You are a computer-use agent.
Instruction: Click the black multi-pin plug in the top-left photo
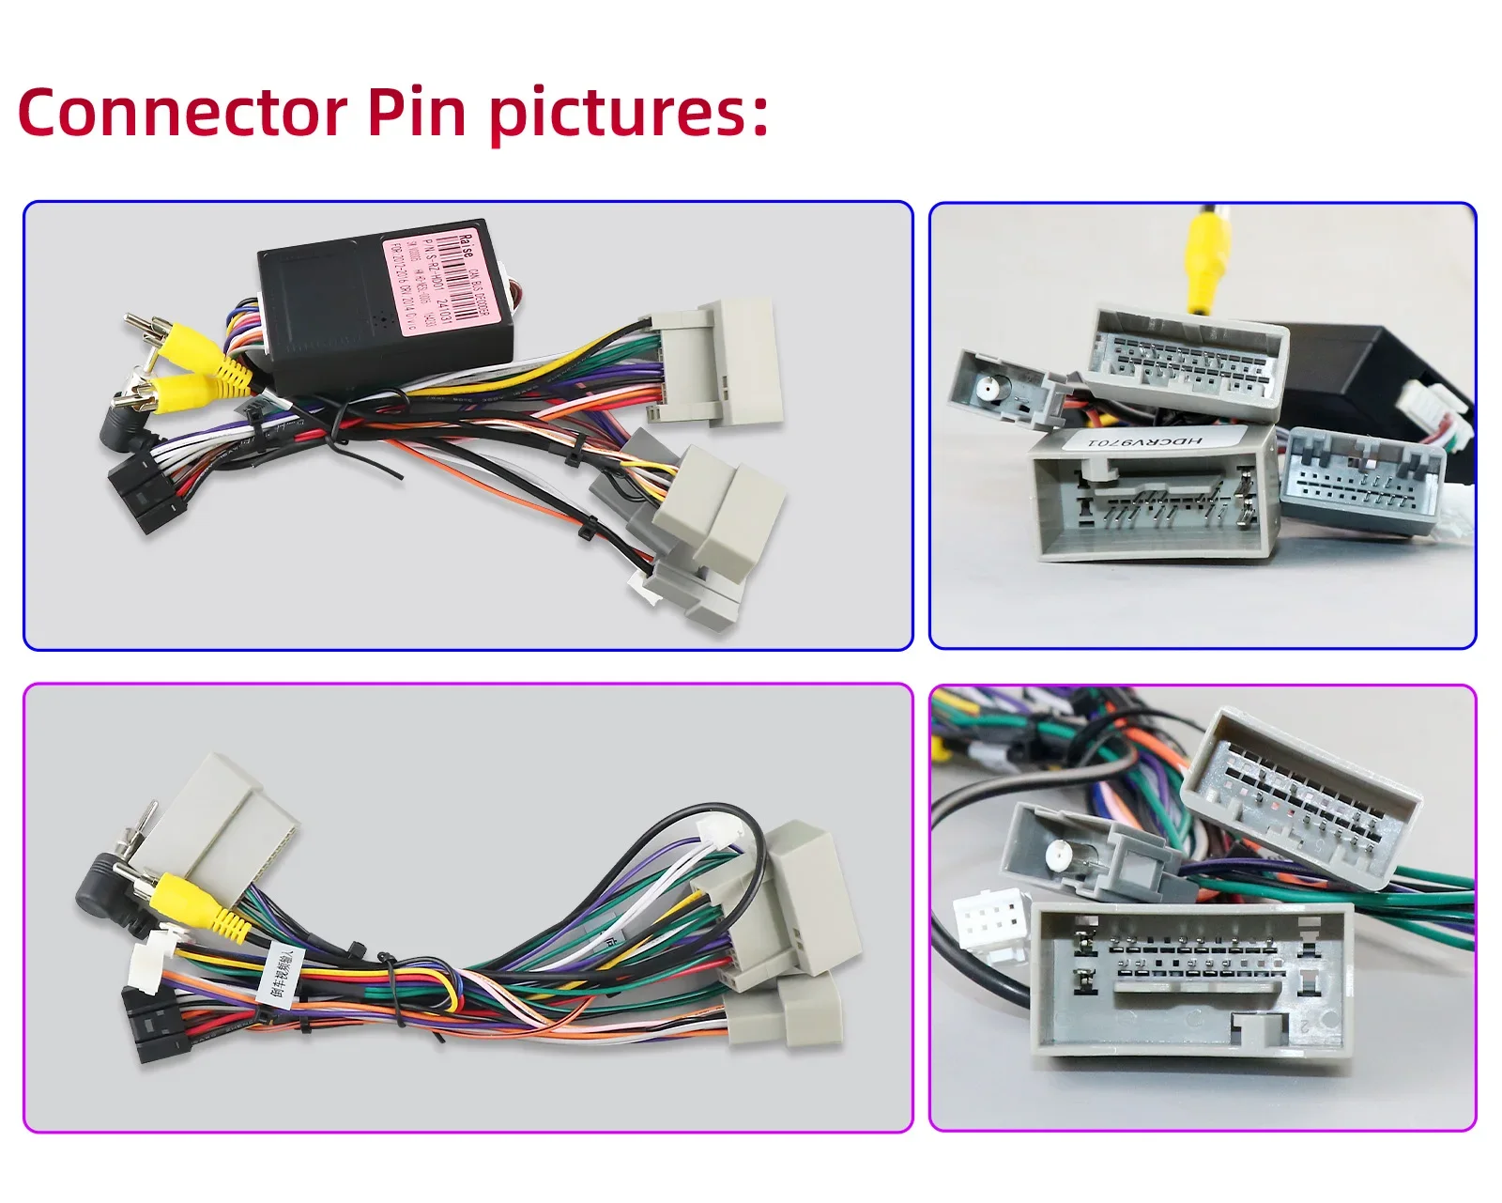point(147,493)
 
